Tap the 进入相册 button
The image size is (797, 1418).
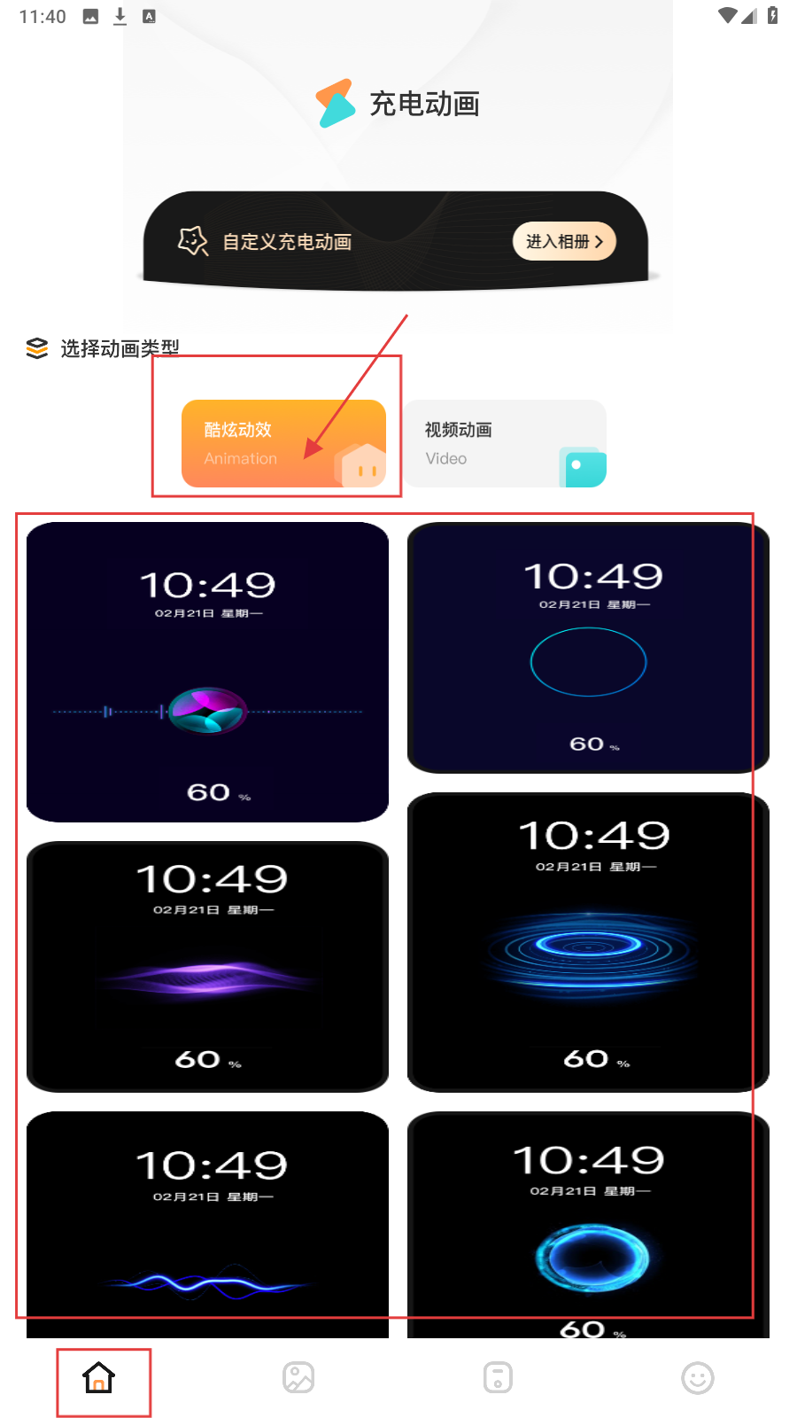(563, 241)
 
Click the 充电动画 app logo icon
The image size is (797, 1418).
(336, 103)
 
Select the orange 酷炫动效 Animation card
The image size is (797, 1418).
(283, 443)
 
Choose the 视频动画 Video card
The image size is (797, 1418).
(506, 443)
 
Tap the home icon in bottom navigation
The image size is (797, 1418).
(98, 1377)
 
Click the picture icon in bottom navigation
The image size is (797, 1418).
(298, 1377)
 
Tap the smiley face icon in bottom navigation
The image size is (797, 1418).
(698, 1377)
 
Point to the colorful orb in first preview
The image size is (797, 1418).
(207, 710)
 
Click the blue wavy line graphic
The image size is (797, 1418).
(209, 1282)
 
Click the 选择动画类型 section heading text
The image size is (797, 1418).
(120, 348)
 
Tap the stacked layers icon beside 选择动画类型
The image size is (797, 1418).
(36, 348)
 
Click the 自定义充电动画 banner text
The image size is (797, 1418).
(287, 242)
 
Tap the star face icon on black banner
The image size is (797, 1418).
(193, 240)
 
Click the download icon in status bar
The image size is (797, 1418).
(120, 17)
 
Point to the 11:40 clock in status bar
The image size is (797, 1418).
(43, 17)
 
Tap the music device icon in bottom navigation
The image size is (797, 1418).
(498, 1377)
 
